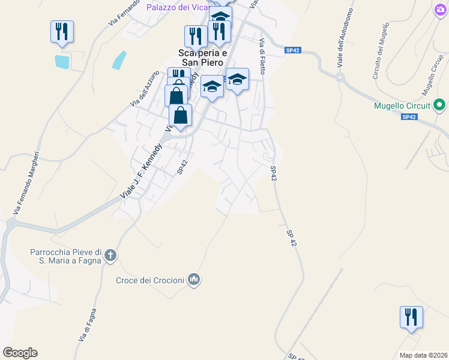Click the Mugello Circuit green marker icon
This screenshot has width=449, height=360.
coord(439,106)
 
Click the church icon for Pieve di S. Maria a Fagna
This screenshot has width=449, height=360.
coord(110,256)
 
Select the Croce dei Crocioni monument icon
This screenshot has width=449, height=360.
coord(194,279)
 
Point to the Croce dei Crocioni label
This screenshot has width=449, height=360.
coord(150,280)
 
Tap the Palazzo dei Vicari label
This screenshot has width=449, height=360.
coord(178,7)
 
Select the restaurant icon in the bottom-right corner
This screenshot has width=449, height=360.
coord(411,316)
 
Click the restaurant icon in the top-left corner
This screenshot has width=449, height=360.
coord(62,31)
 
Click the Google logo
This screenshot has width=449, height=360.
coord(20,353)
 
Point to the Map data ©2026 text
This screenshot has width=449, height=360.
coord(423,355)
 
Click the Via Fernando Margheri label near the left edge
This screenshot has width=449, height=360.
coord(26,183)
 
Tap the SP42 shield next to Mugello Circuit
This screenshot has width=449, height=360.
coord(409,117)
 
